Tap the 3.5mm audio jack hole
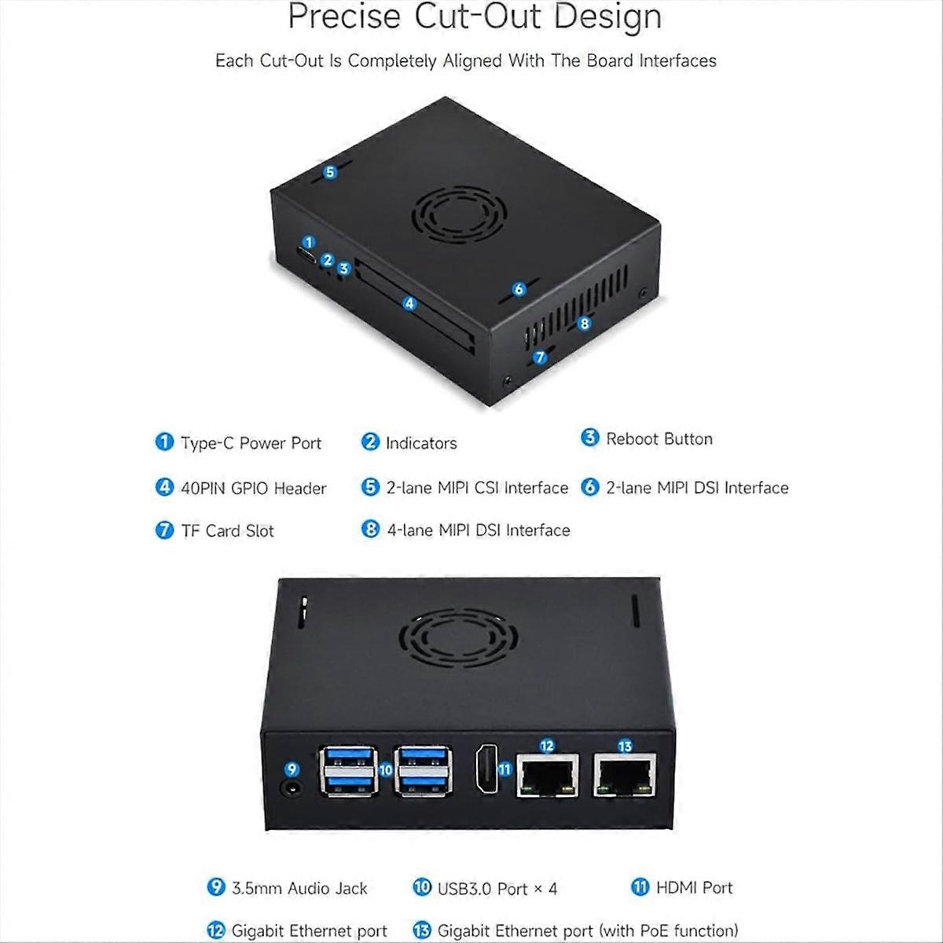coord(292,789)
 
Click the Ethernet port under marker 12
coord(548,776)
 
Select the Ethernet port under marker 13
coord(625,776)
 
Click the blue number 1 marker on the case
coord(309,242)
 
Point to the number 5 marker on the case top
coord(330,172)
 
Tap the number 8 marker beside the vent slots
coord(584,323)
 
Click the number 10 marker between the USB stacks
coord(386,770)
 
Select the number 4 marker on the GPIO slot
coord(409,303)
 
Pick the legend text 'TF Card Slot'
coord(228,530)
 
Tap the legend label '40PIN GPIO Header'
coord(254,488)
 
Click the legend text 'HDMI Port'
coord(694,887)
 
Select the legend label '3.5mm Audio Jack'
coord(299,888)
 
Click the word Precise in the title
coord(344,17)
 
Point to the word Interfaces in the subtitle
coord(677,61)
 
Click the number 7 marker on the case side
coord(540,358)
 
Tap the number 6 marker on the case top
coord(519,288)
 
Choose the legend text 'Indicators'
coord(421,443)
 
